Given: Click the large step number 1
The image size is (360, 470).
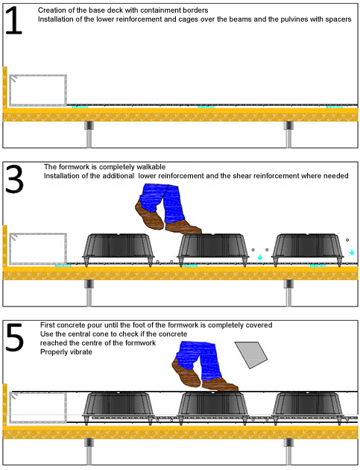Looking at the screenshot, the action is (x=13, y=20).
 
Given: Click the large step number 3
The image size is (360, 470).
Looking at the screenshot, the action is (x=14, y=179).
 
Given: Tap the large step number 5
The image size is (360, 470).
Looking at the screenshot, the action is (x=14, y=337).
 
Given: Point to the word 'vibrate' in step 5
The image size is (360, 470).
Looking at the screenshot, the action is (x=81, y=351).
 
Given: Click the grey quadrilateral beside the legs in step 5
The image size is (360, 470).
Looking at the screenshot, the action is (x=251, y=354).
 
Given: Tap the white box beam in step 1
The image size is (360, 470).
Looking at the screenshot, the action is (x=38, y=90).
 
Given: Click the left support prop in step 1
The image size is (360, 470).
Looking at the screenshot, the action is (x=89, y=134).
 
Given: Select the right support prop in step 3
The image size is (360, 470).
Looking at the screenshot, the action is (x=288, y=292).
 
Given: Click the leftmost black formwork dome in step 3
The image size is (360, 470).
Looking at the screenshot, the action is (x=119, y=248).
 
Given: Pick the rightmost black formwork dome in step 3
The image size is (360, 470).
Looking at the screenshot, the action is (x=308, y=248).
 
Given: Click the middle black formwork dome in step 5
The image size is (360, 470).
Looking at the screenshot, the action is (x=213, y=407).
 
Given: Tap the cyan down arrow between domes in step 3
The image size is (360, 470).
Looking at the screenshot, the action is (x=259, y=257).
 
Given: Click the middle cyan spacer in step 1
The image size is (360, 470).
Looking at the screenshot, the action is (x=206, y=107).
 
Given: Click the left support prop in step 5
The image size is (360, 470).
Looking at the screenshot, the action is (x=89, y=451).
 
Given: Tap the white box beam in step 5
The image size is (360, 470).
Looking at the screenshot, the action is (x=38, y=407).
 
